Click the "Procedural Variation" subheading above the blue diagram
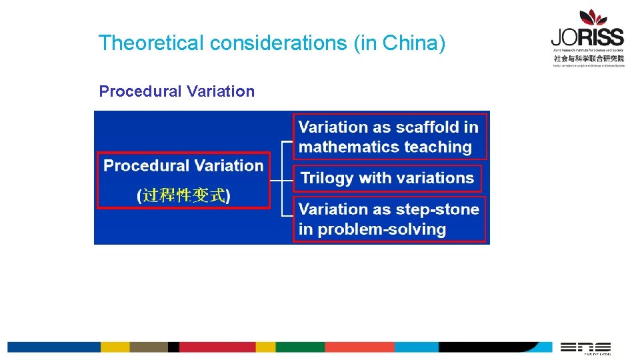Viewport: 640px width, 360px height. (177, 91)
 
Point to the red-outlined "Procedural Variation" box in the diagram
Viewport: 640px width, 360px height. (184, 181)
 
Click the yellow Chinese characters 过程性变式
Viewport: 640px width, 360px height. (184, 196)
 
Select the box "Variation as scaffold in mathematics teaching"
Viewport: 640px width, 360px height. (389, 137)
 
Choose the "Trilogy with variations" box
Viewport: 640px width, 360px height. (387, 178)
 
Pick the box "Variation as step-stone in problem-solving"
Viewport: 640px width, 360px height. (389, 219)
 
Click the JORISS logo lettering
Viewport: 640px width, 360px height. (587, 37)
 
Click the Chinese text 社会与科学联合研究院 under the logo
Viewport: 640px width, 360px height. (589, 58)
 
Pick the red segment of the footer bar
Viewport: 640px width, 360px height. (217, 347)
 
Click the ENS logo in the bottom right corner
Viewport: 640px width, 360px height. (586, 347)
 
